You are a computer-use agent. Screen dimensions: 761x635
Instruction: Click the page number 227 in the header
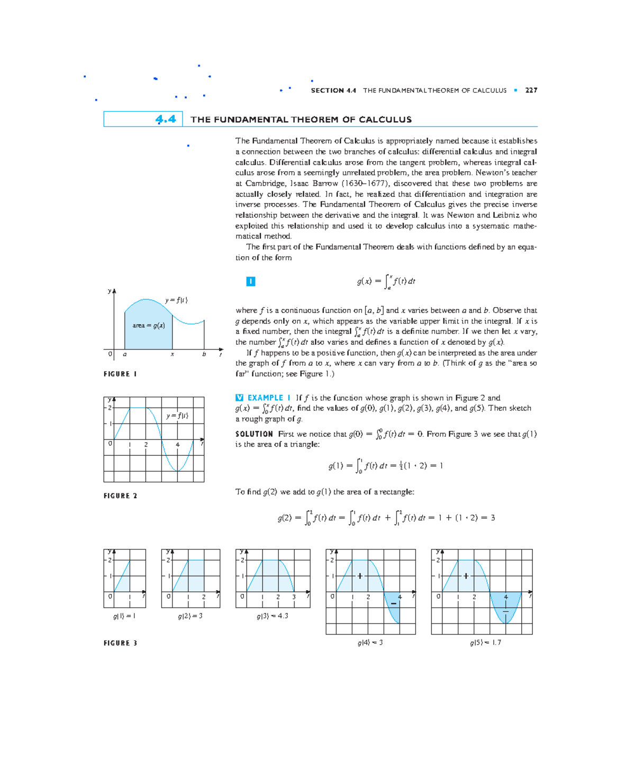[531, 90]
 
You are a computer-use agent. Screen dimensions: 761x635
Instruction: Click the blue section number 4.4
[165, 120]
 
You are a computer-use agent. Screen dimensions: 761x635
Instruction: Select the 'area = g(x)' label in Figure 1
[149, 326]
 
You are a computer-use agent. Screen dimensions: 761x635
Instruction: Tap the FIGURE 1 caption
[120, 374]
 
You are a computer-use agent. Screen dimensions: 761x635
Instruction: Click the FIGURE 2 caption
[120, 496]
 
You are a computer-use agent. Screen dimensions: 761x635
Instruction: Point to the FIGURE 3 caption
[120, 643]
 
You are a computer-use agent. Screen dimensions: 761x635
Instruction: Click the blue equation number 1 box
[251, 281]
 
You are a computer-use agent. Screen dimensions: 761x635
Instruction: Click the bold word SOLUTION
[254, 434]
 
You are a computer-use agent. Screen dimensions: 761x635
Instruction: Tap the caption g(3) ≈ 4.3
[273, 616]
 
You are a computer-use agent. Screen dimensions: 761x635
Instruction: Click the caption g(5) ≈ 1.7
[485, 643]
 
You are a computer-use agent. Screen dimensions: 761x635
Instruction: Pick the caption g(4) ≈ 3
[370, 643]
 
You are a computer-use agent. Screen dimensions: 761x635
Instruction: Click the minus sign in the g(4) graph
[394, 604]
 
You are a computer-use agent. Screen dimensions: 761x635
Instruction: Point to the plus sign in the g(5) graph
[466, 576]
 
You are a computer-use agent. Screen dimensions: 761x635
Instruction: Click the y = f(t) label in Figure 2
[177, 416]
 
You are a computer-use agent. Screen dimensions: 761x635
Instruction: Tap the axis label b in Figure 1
[204, 354]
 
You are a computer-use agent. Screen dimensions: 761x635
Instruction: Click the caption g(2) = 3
[190, 616]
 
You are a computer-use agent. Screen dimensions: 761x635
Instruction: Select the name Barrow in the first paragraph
[325, 184]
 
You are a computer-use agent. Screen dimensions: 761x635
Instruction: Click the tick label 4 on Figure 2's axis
[177, 445]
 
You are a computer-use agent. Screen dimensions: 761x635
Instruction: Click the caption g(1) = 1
[124, 616]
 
